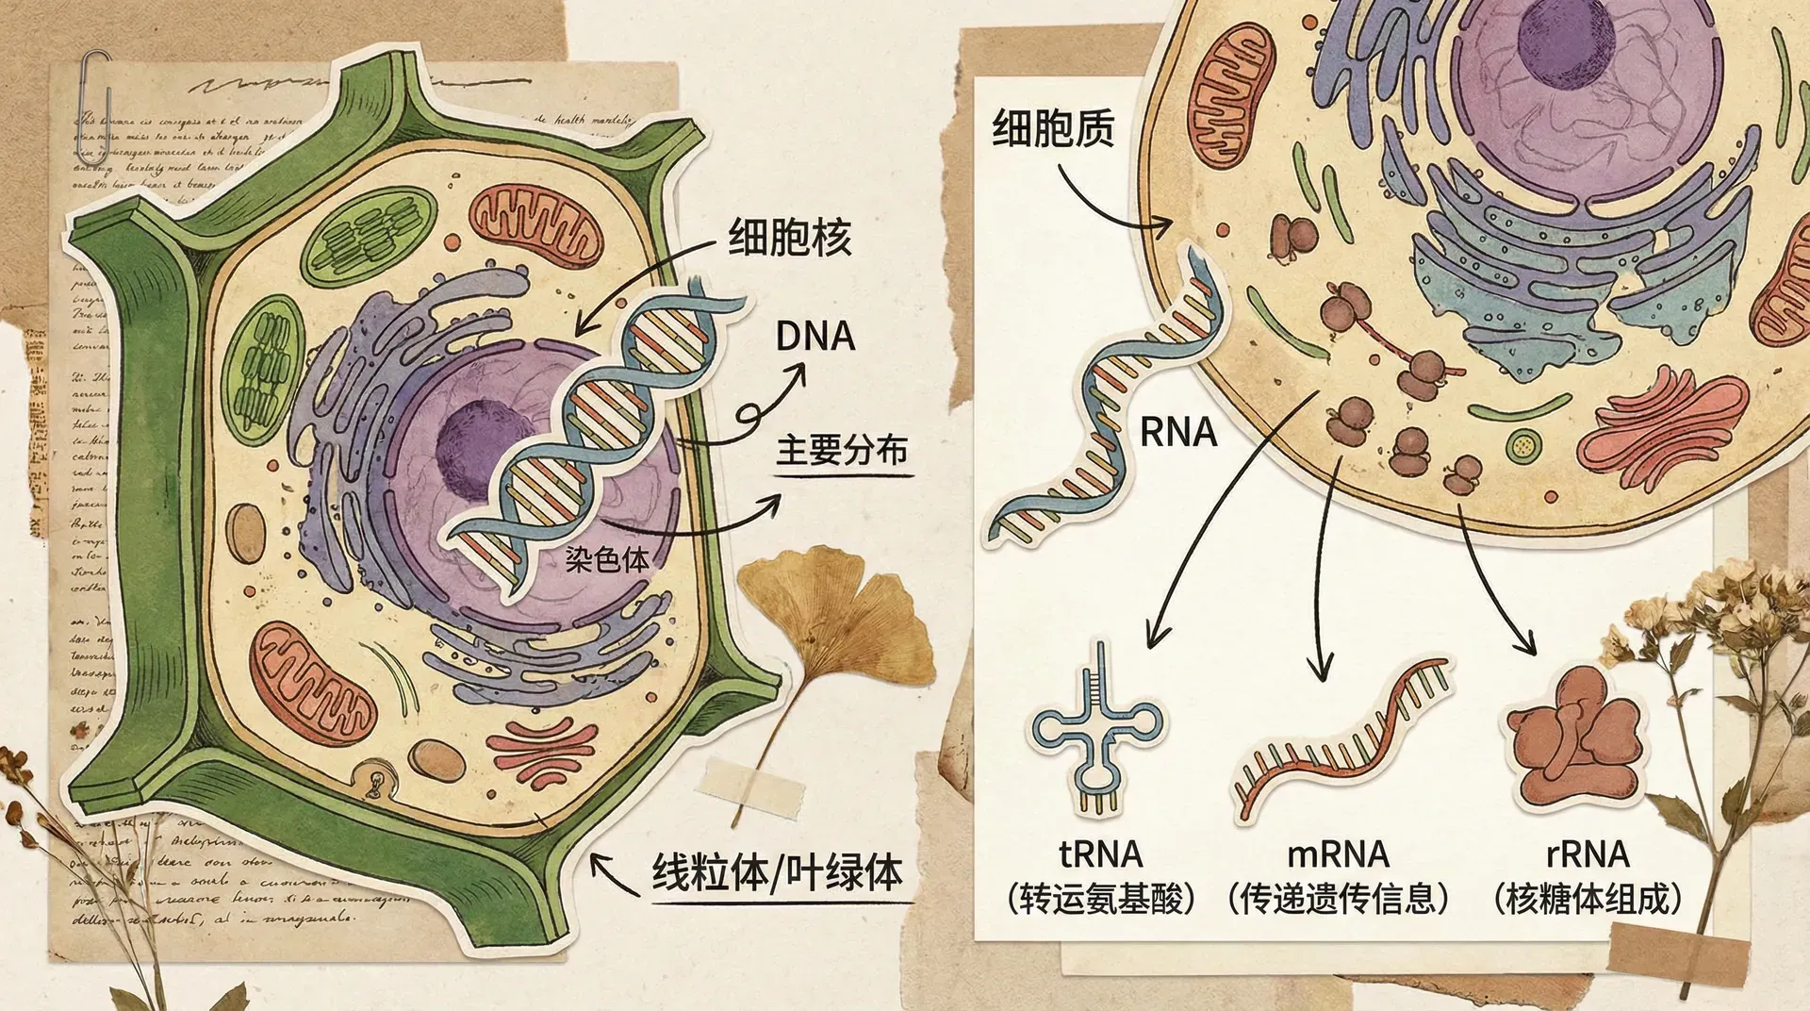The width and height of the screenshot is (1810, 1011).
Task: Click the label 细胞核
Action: coord(790,237)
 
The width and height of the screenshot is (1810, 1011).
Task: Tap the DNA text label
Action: coord(814,337)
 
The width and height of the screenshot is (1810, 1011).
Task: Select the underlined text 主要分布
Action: coord(842,451)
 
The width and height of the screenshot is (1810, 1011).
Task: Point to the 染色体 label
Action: coord(607,559)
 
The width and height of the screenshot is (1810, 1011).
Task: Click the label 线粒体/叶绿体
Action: coord(778,872)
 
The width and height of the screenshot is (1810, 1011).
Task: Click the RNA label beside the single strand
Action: coord(1178,433)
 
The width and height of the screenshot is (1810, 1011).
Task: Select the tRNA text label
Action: coord(1100,854)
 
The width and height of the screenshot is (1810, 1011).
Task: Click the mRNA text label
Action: coord(1339,854)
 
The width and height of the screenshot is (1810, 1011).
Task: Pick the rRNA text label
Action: coord(1588,854)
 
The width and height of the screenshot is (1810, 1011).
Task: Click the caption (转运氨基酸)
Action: coord(1100,899)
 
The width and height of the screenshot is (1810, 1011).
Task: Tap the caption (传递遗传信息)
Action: coord(1339,899)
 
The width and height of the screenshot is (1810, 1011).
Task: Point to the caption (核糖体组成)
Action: coord(1588,899)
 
